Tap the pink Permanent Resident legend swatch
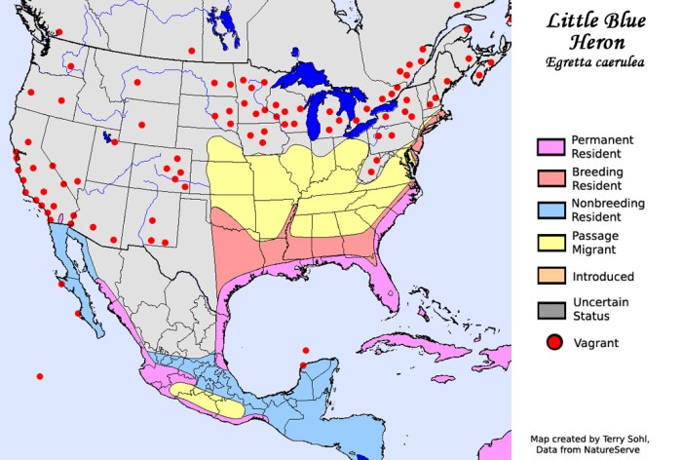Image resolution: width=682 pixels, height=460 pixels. pyautogui.click(x=550, y=146)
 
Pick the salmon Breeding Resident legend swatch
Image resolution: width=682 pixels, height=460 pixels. pyautogui.click(x=550, y=178)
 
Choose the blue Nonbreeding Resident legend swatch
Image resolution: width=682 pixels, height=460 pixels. pyautogui.click(x=550, y=211)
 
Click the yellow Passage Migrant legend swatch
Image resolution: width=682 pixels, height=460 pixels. pyautogui.click(x=550, y=243)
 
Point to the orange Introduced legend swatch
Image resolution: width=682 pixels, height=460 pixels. pyautogui.click(x=550, y=277)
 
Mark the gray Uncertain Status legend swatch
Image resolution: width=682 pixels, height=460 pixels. pyautogui.click(x=550, y=309)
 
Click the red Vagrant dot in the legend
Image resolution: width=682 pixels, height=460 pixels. pyautogui.click(x=552, y=342)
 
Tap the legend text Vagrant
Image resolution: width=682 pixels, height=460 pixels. pyautogui.click(x=595, y=342)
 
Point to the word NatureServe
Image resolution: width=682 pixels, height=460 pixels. pyautogui.click(x=616, y=450)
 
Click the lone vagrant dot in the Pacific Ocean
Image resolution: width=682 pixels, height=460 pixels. pyautogui.click(x=40, y=376)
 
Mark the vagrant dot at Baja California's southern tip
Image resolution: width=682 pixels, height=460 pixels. pyautogui.click(x=78, y=314)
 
